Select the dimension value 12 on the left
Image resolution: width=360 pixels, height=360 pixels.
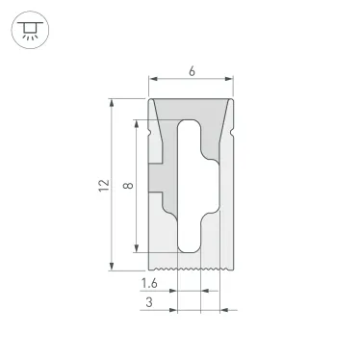tap(104, 185)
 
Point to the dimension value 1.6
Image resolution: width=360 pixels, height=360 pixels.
tap(149, 283)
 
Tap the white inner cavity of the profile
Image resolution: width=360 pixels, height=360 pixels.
tap(189, 183)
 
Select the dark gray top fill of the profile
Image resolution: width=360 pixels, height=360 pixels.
tap(191, 108)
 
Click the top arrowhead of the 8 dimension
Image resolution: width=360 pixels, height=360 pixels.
tap(140, 122)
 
